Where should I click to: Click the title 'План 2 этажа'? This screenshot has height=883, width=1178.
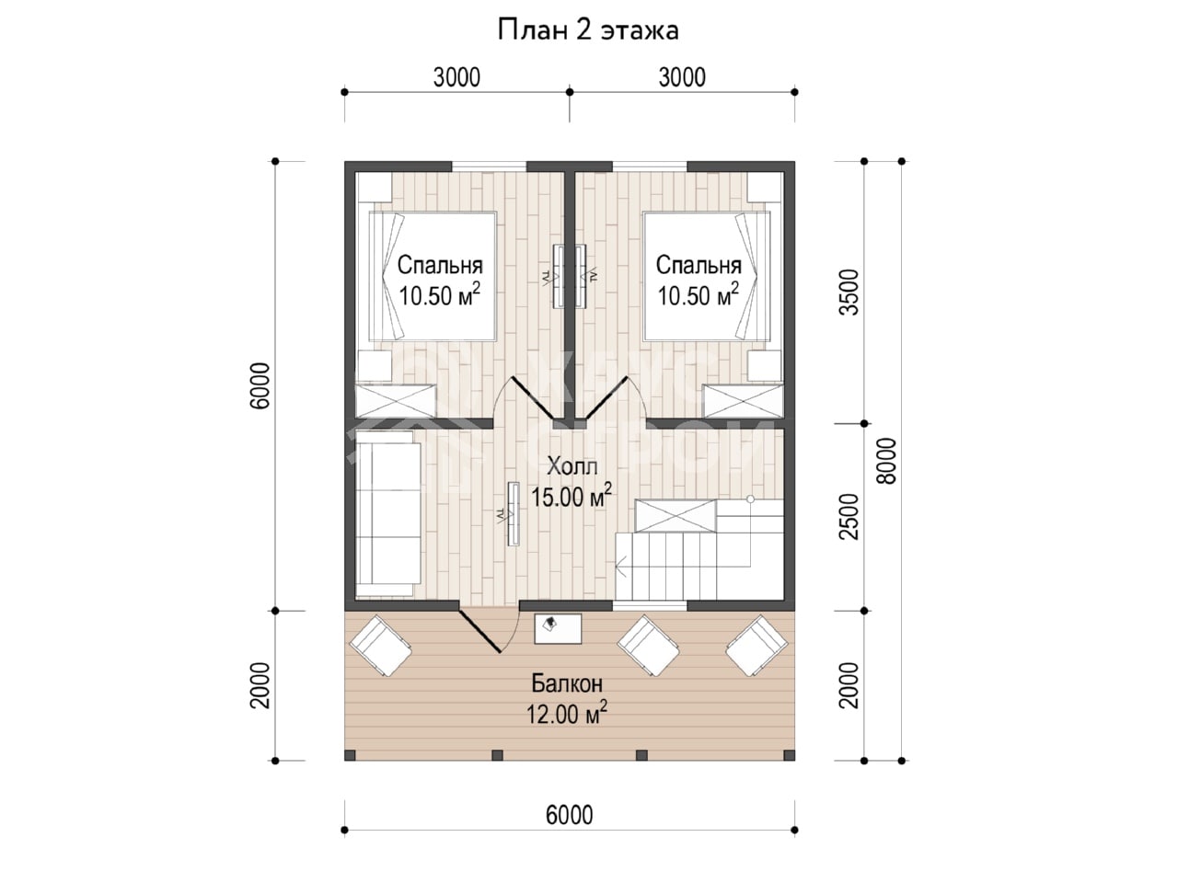pyautogui.click(x=588, y=30)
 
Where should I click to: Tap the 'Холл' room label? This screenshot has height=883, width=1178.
pyautogui.click(x=572, y=466)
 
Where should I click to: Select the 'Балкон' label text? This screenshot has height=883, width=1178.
pyautogui.click(x=567, y=683)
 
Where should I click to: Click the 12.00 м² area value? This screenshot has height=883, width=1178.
pyautogui.click(x=567, y=714)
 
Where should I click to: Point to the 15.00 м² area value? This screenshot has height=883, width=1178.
pyautogui.click(x=572, y=496)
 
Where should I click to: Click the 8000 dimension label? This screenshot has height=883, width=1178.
pyautogui.click(x=888, y=462)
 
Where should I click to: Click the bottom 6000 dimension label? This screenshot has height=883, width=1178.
pyautogui.click(x=570, y=816)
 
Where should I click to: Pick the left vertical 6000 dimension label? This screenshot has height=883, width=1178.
pyautogui.click(x=260, y=385)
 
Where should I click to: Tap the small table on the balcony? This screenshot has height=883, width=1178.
pyautogui.click(x=558, y=629)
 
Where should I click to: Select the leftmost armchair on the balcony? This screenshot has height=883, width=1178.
pyautogui.click(x=380, y=646)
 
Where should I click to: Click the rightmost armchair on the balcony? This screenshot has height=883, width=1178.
pyautogui.click(x=757, y=646)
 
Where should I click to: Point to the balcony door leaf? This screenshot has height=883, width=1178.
pyautogui.click(x=479, y=630)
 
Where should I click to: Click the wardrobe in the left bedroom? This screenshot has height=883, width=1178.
pyautogui.click(x=396, y=400)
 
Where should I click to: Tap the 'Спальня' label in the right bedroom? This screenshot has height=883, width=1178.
pyautogui.click(x=699, y=266)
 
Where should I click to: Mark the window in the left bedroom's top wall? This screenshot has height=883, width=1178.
pyautogui.click(x=489, y=166)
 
